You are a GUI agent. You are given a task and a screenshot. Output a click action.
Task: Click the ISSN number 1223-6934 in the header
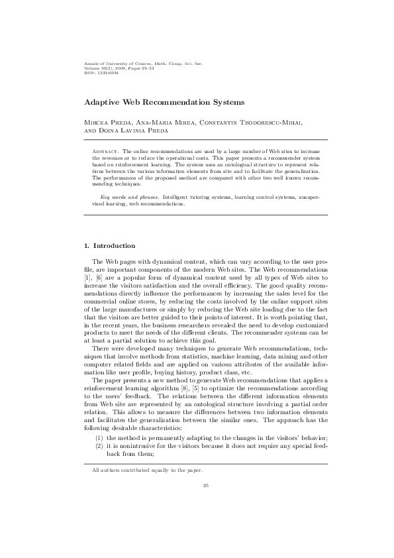[97, 72]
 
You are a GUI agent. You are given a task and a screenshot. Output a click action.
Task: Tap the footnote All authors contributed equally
[147, 471]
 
